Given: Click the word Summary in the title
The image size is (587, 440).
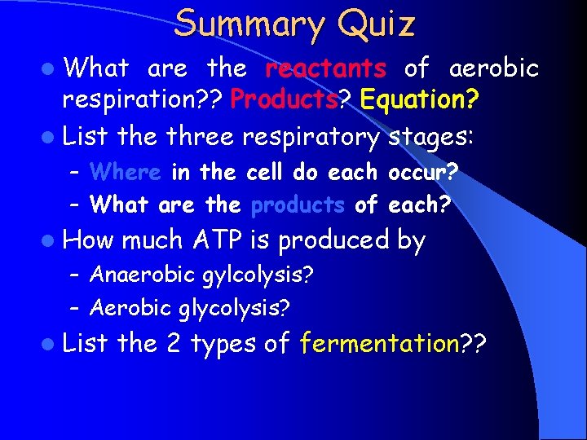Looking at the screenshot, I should point(245,24).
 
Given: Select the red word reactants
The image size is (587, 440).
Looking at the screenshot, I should point(326,68).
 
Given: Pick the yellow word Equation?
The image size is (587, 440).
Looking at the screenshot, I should point(419,101).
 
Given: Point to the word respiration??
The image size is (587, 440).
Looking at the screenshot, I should point(143,101).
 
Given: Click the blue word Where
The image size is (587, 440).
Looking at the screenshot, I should point(125,173).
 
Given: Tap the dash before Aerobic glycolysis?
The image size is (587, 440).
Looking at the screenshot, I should point(74,308).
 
